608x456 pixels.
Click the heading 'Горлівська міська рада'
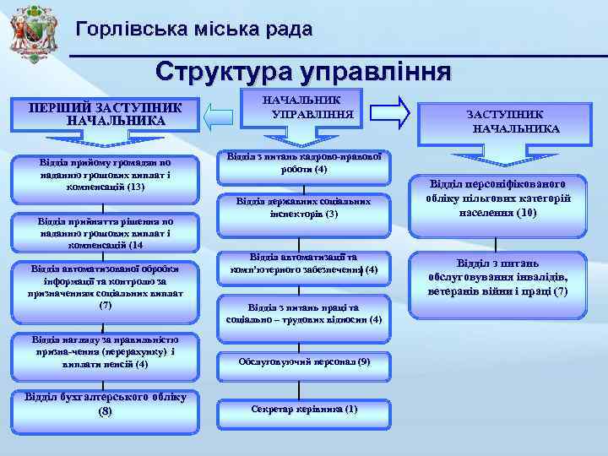click(x=194, y=30)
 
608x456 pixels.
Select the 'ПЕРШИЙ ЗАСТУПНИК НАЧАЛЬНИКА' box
click(x=105, y=115)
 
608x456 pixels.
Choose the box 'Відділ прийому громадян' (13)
click(x=105, y=173)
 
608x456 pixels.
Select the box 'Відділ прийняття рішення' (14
click(x=105, y=233)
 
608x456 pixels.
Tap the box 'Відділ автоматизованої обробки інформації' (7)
click(x=105, y=287)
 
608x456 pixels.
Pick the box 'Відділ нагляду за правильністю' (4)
click(x=105, y=352)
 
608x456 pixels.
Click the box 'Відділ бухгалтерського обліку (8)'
click(x=105, y=404)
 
